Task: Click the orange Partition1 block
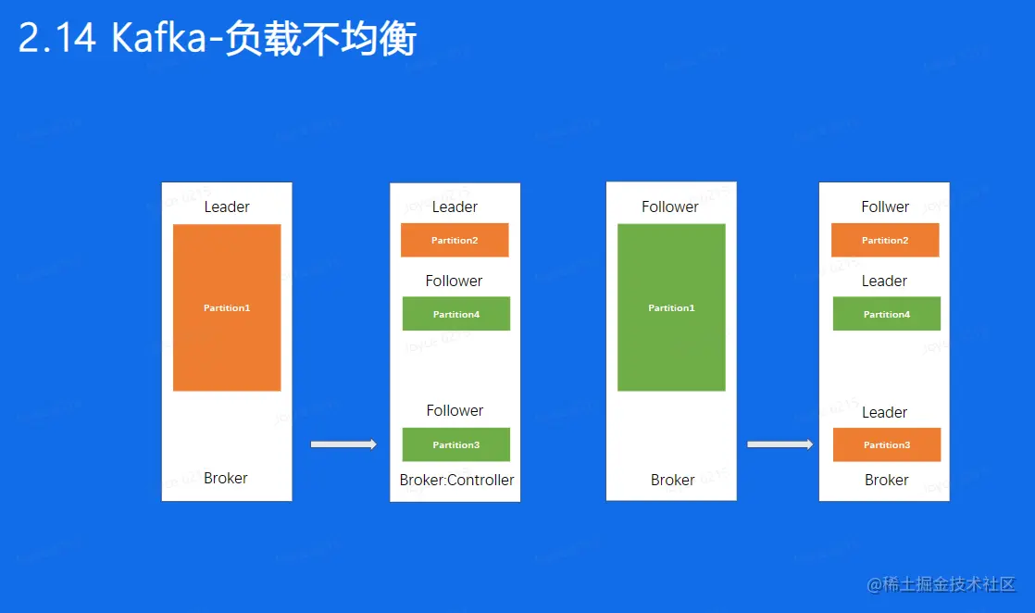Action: [227, 307]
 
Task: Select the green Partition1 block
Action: [671, 307]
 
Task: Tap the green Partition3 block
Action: [455, 444]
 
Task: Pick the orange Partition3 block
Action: [887, 444]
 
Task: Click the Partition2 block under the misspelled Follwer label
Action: [885, 240]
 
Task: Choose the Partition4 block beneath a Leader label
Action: [887, 314]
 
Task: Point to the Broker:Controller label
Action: [456, 480]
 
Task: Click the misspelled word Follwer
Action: [885, 206]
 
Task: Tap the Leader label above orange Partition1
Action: [227, 206]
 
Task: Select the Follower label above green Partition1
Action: [670, 206]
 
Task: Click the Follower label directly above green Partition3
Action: [455, 410]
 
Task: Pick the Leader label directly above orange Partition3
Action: [884, 412]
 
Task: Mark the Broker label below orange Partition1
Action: [226, 478]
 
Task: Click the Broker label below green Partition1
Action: [672, 480]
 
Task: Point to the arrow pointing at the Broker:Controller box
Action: [343, 444]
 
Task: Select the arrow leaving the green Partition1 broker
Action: [779, 444]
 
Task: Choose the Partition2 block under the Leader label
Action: [455, 240]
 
